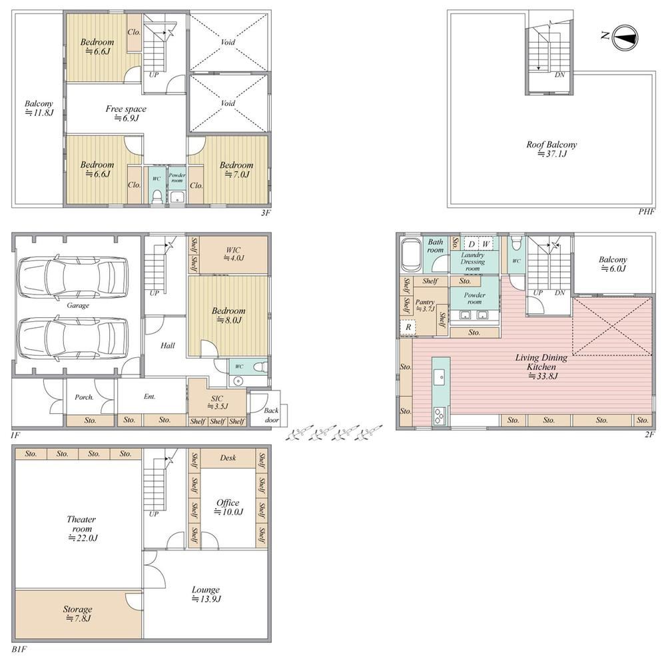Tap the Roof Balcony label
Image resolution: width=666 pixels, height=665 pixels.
[551, 149]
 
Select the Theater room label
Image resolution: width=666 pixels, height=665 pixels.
[82, 528]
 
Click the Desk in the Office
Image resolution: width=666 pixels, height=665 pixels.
[228, 458]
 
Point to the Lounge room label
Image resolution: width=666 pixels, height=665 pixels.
[206, 594]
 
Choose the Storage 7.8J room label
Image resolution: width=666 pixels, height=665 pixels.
[78, 614]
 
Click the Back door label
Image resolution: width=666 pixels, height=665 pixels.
[272, 415]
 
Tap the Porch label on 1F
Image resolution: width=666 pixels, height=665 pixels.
[84, 397]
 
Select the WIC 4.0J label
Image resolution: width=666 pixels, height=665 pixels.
[233, 254]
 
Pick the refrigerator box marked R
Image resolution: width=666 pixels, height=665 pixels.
[408, 327]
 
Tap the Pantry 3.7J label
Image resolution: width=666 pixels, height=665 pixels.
[425, 306]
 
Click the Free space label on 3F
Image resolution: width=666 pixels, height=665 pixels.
[126, 113]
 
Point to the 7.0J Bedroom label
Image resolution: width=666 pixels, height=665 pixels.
[236, 169]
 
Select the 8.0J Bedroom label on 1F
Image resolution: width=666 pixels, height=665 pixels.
[228, 315]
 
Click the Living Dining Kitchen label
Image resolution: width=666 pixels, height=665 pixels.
[541, 366]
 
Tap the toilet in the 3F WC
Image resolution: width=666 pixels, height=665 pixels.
[157, 197]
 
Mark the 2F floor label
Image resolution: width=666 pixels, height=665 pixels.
[649, 434]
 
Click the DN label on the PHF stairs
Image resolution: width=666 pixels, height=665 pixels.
[560, 75]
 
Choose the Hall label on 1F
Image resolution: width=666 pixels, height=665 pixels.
[168, 345]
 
